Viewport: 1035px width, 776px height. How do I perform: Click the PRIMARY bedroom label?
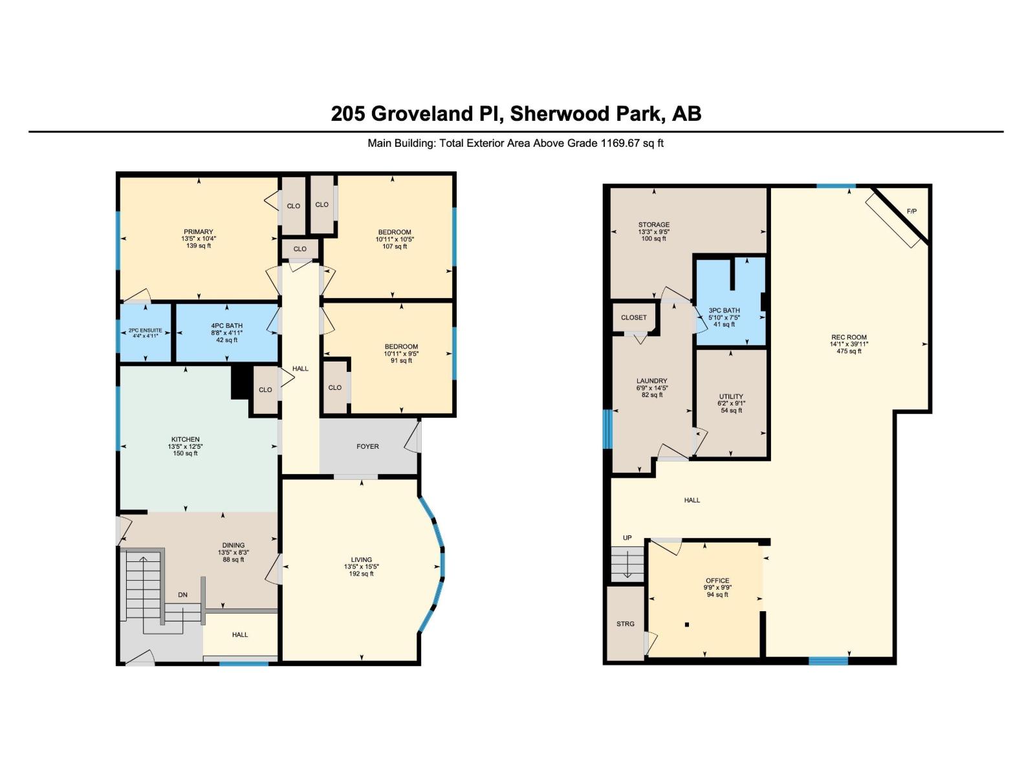point(198,232)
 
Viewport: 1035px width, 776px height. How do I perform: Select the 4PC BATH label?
point(226,325)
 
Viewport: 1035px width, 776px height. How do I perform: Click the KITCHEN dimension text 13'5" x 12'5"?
point(185,446)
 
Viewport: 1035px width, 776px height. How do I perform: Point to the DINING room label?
point(234,545)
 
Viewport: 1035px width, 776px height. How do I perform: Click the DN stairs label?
point(182,594)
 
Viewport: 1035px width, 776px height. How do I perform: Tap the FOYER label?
point(367,446)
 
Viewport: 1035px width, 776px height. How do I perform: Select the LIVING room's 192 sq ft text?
point(361,574)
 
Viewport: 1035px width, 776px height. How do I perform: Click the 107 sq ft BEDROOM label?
point(395,246)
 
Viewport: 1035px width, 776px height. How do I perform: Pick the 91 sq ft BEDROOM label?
point(401,360)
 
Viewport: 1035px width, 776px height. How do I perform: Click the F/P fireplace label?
point(911,211)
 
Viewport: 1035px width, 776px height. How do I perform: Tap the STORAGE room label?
point(653,224)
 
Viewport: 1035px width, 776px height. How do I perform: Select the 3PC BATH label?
point(724,310)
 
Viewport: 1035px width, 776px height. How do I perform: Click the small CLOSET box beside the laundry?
point(633,318)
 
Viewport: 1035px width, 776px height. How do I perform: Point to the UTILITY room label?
point(731,396)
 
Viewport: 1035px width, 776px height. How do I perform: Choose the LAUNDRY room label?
point(651,381)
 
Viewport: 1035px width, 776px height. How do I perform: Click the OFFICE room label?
point(717,581)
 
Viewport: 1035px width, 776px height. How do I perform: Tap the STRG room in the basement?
point(625,624)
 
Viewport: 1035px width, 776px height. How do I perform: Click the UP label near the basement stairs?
point(627,538)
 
